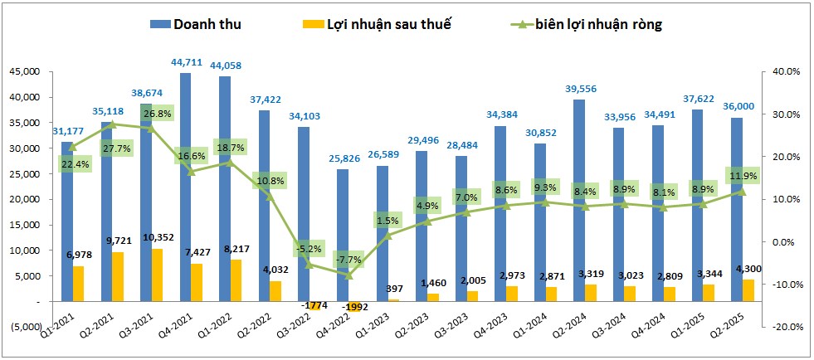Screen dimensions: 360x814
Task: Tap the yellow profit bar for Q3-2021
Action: (x=158, y=275)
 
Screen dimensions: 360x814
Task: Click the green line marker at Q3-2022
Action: (x=305, y=265)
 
